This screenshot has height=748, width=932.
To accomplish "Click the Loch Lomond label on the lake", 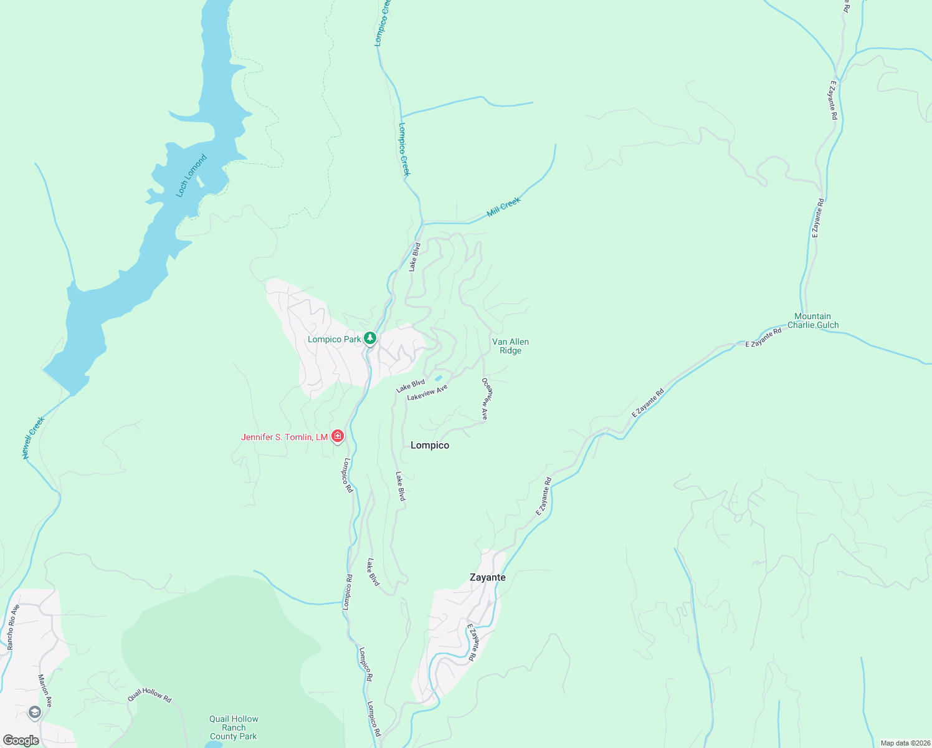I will click(x=191, y=176).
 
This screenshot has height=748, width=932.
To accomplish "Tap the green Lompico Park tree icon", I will click(x=370, y=338).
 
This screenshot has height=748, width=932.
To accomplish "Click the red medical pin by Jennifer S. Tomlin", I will click(x=338, y=436).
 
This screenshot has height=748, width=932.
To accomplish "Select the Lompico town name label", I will click(x=430, y=445).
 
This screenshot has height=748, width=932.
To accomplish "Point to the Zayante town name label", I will click(x=488, y=577).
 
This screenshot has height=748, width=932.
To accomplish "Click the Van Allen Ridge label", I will click(x=510, y=346).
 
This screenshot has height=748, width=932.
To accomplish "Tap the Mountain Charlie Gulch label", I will click(x=813, y=320).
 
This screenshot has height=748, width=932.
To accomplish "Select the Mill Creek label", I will click(x=503, y=206).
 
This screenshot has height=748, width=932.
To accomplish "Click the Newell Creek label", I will click(x=34, y=438).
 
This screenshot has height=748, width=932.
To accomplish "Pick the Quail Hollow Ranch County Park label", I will click(x=234, y=727).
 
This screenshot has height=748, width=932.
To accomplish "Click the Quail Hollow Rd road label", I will click(x=150, y=695).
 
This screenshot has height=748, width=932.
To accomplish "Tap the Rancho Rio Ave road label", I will click(x=13, y=627).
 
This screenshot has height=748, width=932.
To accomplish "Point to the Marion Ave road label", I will click(x=45, y=690).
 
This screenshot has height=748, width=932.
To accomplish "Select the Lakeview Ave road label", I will click(x=427, y=393).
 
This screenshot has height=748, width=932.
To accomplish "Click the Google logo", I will click(x=21, y=741).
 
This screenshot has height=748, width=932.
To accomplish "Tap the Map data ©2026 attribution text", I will click(x=904, y=743).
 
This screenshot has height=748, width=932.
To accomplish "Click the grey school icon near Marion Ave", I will click(x=35, y=712).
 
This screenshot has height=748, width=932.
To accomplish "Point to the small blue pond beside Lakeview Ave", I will click(x=438, y=378).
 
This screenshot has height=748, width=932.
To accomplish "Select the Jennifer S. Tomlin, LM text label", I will click(x=284, y=437).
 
